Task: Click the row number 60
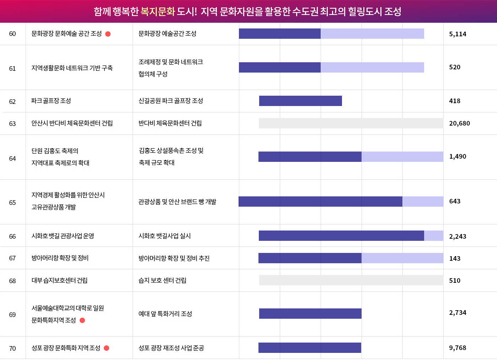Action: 12,34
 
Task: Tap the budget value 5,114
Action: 458,34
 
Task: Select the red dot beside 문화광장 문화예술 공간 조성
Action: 108,34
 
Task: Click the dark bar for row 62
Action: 300,101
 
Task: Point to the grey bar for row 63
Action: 351,123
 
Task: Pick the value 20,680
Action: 459,123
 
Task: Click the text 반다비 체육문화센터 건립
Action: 170,123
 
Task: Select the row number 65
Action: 12,202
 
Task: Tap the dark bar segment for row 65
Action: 320,201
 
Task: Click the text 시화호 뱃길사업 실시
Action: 165,236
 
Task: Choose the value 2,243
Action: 458,237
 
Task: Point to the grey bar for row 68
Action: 351,280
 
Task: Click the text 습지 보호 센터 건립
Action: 162,280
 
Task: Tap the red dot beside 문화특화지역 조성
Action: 82,320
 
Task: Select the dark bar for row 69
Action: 310,313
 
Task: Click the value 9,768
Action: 458,348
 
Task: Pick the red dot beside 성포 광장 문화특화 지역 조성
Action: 106,348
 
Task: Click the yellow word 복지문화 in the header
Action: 158,11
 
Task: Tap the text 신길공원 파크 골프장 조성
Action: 171,101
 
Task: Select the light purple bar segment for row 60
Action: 372,33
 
